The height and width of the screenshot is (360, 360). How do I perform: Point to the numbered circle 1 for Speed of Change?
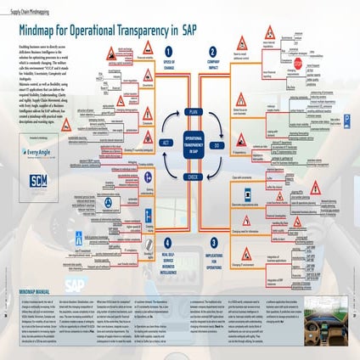(168, 51)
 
